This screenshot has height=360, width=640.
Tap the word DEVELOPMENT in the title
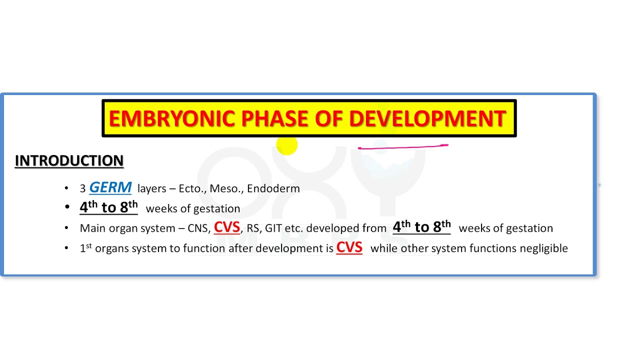pos(427,119)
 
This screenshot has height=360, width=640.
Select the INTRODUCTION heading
pos(69,161)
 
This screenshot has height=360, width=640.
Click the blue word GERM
pos(110,187)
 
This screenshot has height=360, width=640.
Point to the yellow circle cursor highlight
pos(287,145)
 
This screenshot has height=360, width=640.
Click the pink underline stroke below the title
pos(402,146)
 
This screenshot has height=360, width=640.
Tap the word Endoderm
pos(273,188)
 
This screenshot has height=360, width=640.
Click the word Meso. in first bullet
pos(225,188)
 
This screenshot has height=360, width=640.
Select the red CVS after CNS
pos(227,227)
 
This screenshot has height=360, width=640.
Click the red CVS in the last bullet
pos(349,247)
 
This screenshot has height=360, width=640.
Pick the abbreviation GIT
pos(273,228)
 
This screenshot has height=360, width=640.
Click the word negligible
pos(543,248)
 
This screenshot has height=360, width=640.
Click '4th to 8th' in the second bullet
pos(108,207)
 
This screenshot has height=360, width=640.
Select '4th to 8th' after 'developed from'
pos(421,227)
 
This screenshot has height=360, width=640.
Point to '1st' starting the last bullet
pos(86,248)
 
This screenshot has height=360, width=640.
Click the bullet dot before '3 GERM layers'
pos(66,188)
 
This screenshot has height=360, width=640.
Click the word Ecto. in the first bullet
pos(190,188)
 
